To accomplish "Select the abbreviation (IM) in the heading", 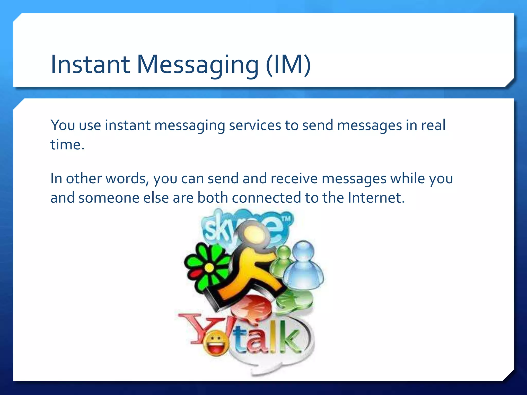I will (x=288, y=65).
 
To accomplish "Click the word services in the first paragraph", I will (x=255, y=125).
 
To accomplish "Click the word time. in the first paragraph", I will (x=67, y=145).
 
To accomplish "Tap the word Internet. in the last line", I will (x=376, y=198).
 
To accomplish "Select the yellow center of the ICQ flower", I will (x=209, y=268).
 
